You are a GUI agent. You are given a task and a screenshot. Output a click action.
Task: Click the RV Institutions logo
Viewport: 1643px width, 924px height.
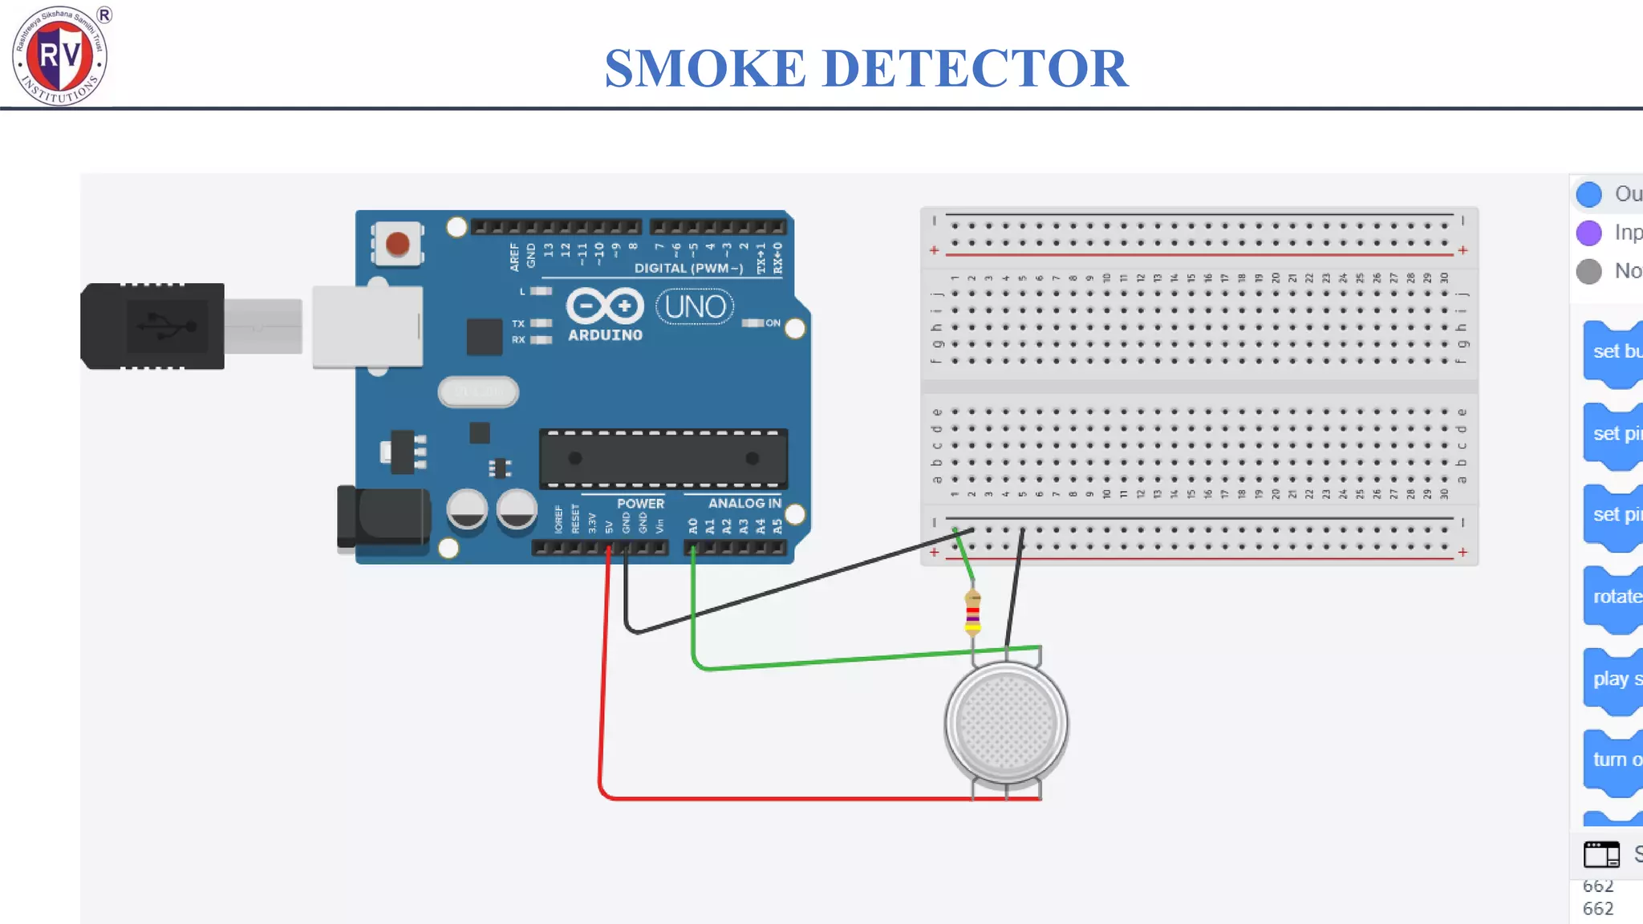pyautogui.click(x=60, y=55)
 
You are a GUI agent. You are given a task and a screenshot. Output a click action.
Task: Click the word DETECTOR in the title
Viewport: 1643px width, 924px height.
pyautogui.click(x=975, y=68)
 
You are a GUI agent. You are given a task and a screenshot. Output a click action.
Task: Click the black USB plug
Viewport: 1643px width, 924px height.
pyautogui.click(x=152, y=326)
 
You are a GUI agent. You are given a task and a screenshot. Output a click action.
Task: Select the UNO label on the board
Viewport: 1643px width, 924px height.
pyautogui.click(x=695, y=307)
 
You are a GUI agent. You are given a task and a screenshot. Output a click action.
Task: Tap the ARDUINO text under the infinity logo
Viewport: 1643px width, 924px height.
pyautogui.click(x=605, y=335)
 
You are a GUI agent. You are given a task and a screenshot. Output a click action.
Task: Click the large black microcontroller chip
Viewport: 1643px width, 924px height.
pyautogui.click(x=663, y=459)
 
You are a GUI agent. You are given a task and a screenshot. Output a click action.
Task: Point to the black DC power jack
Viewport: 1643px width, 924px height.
pyautogui.click(x=385, y=518)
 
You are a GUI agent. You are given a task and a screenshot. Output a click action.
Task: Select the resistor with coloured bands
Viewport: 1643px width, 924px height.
pyautogui.click(x=972, y=614)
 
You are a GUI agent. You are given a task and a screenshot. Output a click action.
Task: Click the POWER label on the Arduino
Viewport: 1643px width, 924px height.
pyautogui.click(x=640, y=504)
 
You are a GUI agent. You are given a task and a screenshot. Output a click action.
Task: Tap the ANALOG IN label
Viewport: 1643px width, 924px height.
pyautogui.click(x=744, y=503)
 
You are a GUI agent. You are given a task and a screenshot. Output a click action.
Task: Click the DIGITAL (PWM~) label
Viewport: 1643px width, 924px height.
pyautogui.click(x=688, y=268)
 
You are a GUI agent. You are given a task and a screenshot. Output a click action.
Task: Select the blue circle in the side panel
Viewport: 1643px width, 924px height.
pyautogui.click(x=1588, y=194)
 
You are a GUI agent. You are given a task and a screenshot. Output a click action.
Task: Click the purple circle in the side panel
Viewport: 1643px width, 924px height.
pyautogui.click(x=1588, y=233)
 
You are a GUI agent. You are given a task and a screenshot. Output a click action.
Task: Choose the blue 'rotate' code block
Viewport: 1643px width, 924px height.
pyautogui.click(x=1614, y=598)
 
